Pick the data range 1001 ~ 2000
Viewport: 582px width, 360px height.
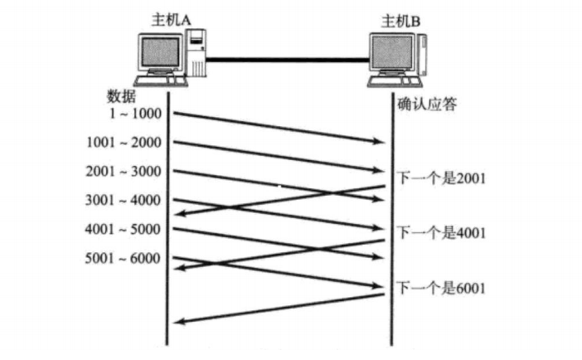click(x=124, y=142)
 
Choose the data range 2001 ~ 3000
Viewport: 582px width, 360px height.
click(x=124, y=171)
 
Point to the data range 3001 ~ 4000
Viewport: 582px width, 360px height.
click(x=124, y=200)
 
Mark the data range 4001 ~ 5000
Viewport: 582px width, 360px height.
click(x=124, y=229)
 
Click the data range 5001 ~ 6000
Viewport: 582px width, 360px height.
click(x=124, y=258)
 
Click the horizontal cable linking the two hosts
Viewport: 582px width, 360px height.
click(x=286, y=59)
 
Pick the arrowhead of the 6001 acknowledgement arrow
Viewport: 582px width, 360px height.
click(x=177, y=323)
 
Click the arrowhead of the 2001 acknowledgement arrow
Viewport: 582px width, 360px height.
click(x=177, y=216)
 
